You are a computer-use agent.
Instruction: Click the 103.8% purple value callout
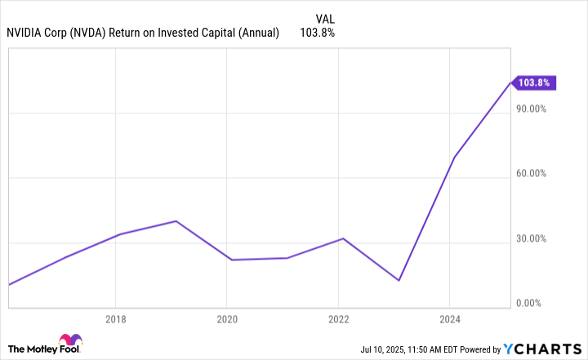click(536, 82)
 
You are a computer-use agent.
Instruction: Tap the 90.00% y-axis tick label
click(533, 109)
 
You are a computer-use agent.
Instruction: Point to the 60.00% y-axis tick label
click(533, 174)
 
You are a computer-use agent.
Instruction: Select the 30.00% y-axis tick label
click(533, 239)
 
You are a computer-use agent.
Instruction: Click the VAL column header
click(324, 17)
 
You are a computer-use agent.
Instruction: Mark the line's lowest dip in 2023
click(399, 281)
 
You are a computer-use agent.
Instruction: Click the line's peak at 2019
click(176, 220)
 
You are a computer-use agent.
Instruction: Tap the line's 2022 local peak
click(343, 238)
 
